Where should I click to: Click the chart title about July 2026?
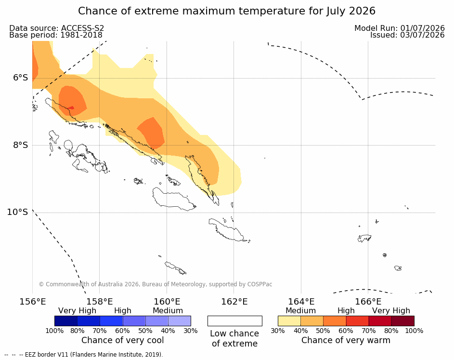[x=227, y=11]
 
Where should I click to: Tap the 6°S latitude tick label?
[x=21, y=78]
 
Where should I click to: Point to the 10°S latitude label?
[x=18, y=212]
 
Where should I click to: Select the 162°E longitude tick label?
[x=234, y=302]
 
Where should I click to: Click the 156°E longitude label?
[x=33, y=302]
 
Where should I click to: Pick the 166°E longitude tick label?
[x=368, y=302]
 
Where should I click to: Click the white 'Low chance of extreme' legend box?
[x=235, y=321]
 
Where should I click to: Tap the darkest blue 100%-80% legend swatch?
[x=66, y=321]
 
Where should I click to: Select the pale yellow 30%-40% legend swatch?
[x=289, y=321]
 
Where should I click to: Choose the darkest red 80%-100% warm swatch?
[x=403, y=321]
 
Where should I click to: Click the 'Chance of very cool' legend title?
[x=122, y=340]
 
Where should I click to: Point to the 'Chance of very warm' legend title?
[x=346, y=340]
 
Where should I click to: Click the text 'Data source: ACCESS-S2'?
[x=56, y=28]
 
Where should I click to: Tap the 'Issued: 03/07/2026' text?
[x=407, y=35]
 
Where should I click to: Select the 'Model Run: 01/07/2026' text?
[x=400, y=28]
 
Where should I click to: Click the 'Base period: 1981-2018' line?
[x=55, y=35]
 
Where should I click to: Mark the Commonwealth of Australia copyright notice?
[x=156, y=284]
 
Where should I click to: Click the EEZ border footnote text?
[x=84, y=355]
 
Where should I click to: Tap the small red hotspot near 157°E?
[x=71, y=108]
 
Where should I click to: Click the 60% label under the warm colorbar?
[x=346, y=331]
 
